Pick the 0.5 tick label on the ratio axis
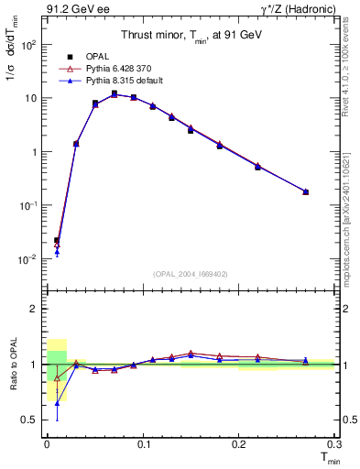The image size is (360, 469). click(x=30, y=420)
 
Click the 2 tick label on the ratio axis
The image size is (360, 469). click(x=34, y=309)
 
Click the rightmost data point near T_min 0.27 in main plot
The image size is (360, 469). click(x=305, y=191)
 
